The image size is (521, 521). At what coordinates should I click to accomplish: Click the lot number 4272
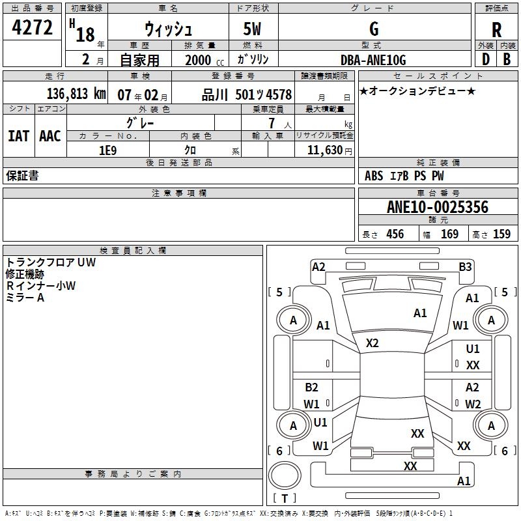(32, 27)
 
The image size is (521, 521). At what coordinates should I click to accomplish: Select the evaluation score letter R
(496, 30)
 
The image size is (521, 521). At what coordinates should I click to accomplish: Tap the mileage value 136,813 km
(76, 94)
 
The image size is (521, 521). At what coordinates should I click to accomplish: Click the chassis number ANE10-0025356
(437, 208)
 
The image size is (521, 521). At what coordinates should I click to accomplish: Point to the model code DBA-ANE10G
(373, 60)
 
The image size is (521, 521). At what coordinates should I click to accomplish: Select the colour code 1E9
(107, 150)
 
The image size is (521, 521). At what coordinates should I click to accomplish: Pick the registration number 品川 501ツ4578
(246, 94)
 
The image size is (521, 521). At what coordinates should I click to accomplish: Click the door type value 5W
(253, 30)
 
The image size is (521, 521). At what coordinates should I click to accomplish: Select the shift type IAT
(18, 135)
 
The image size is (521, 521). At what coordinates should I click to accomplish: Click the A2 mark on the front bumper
(318, 266)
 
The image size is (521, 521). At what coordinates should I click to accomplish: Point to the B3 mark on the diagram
(465, 266)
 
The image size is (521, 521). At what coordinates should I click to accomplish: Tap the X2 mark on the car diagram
(373, 343)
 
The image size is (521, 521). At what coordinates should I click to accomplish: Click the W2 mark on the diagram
(473, 404)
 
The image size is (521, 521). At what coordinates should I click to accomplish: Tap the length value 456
(395, 234)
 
